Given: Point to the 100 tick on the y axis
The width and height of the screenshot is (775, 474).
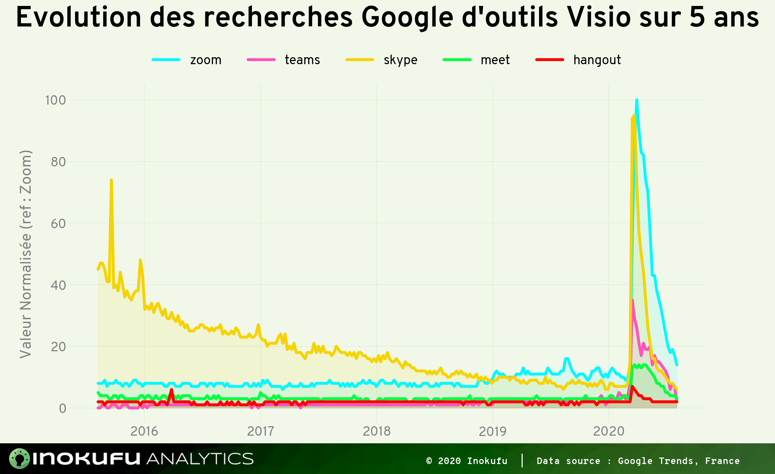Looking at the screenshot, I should [55, 100].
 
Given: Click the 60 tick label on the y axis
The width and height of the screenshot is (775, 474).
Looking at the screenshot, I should [58, 223].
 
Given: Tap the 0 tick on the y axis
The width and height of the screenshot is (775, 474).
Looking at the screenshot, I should [62, 408].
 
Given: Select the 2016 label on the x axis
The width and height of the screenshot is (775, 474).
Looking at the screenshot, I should [144, 431].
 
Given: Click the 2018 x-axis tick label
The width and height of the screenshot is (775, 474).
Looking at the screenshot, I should [377, 431].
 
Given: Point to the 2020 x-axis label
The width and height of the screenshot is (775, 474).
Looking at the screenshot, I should [609, 431].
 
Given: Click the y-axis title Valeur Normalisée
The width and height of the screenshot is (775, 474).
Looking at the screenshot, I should [26, 254].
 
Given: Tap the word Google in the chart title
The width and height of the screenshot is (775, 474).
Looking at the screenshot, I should [407, 18].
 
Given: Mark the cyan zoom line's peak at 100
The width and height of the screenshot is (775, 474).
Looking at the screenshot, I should [637, 100].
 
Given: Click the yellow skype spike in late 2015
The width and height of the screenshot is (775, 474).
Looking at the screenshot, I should [111, 180].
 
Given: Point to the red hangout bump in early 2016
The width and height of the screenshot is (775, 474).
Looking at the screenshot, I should [171, 390].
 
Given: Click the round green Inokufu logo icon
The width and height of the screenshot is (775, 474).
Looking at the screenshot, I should [20, 458].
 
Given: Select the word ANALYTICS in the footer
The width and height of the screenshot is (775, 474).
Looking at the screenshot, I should [200, 459].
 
